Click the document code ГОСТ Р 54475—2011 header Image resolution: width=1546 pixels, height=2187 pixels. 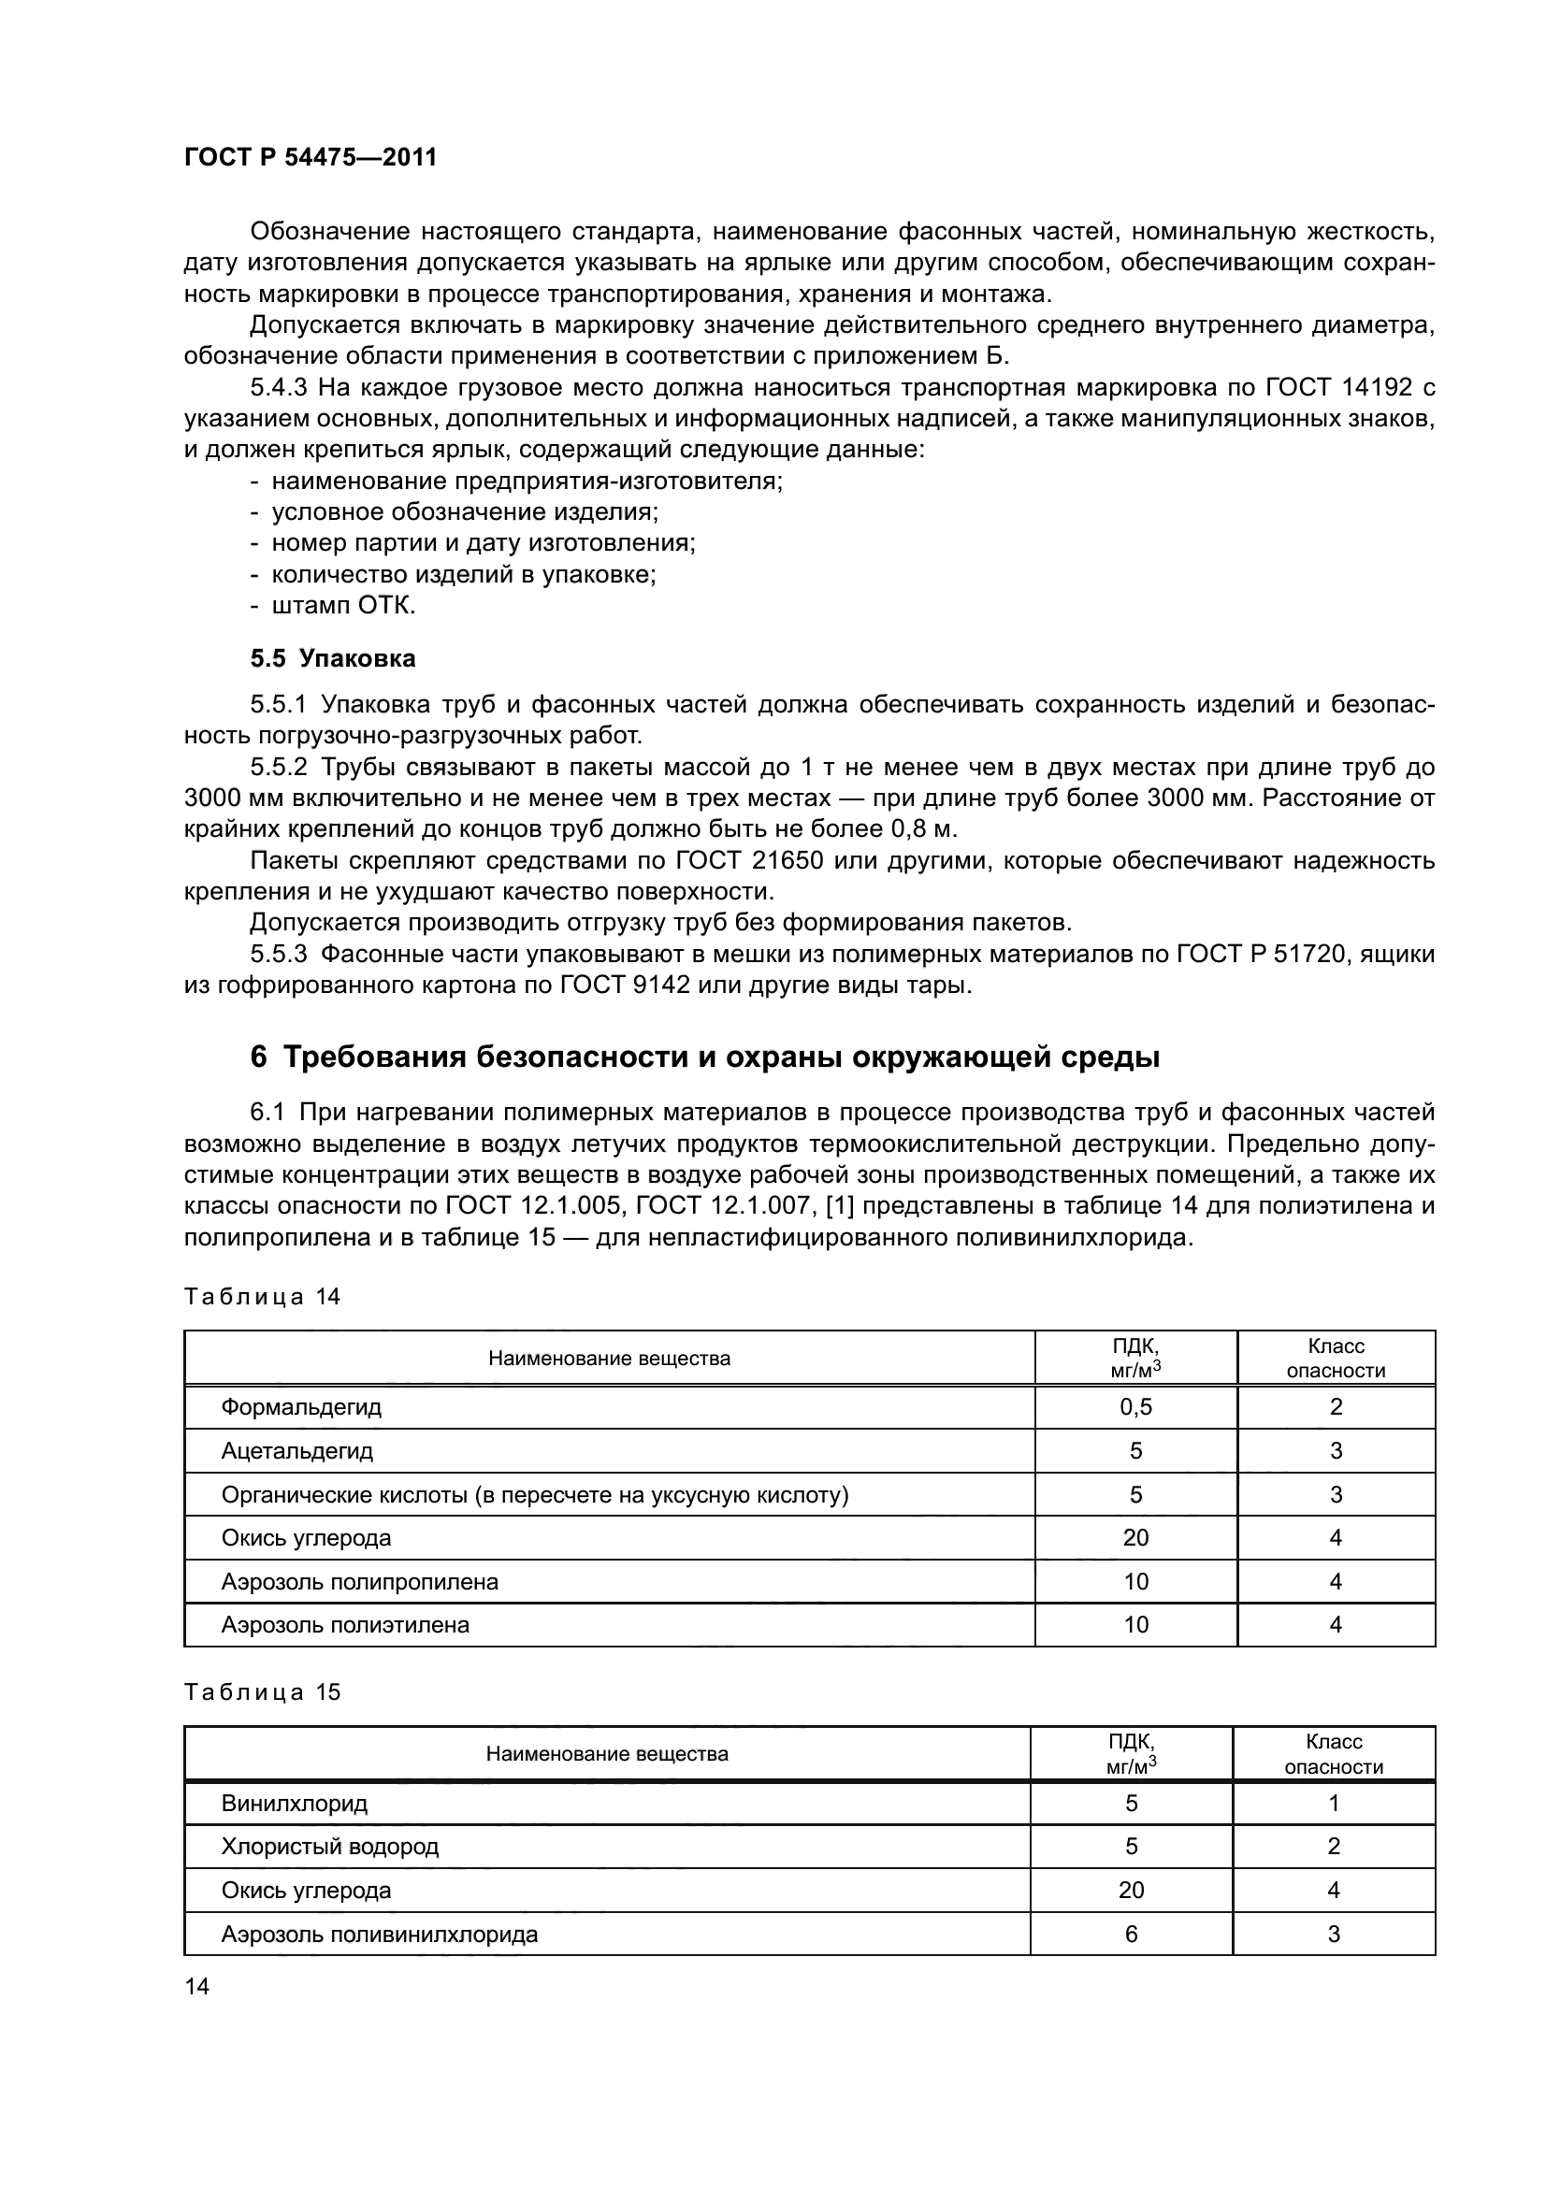point(310,158)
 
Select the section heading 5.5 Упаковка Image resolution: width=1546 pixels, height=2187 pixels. point(332,658)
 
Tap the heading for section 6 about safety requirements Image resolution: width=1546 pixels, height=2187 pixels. point(705,1058)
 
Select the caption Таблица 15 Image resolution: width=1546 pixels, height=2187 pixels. point(262,1691)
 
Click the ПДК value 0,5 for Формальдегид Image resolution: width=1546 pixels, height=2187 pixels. point(1135,1407)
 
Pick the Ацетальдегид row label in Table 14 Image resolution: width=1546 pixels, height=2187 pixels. point(297,1451)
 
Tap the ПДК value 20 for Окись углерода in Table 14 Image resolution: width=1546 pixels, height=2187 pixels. point(1135,1537)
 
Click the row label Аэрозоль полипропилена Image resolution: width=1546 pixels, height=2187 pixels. point(359,1581)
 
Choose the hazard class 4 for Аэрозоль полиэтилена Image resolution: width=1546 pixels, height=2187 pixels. point(1336,1625)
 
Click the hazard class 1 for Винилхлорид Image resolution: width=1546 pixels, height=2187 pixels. point(1334,1803)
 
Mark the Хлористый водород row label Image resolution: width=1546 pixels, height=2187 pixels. point(329,1847)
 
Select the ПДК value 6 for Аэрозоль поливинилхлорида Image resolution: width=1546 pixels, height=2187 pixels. point(1131,1934)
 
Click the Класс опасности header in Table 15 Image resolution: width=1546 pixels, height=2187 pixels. point(1334,1753)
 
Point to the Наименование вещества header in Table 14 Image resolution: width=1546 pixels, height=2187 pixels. point(609,1359)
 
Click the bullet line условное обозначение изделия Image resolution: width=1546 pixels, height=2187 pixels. point(465,512)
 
